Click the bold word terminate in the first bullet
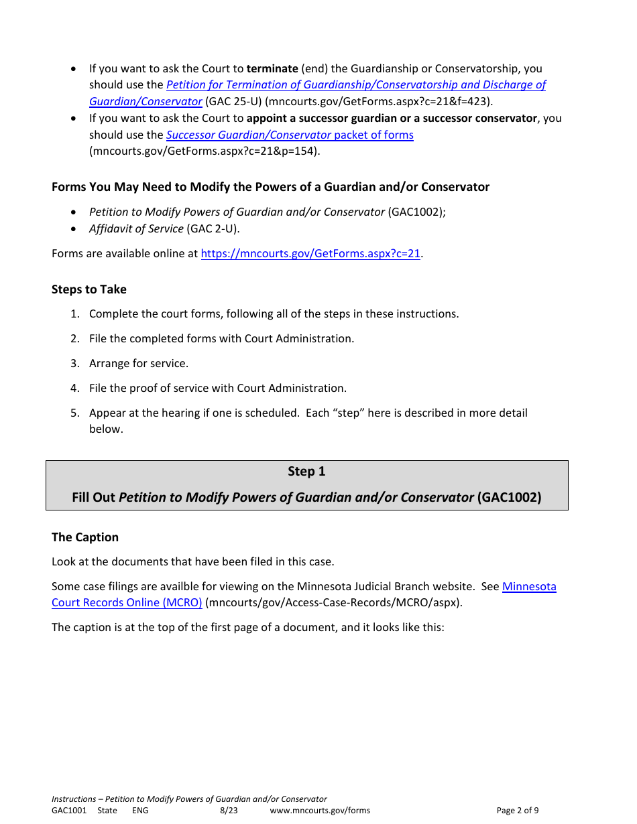(x=272, y=68)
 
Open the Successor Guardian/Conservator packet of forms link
(x=290, y=135)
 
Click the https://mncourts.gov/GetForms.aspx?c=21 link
(x=310, y=254)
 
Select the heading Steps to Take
(x=89, y=289)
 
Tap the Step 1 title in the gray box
(x=306, y=472)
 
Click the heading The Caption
(x=85, y=537)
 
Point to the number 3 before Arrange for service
(x=75, y=363)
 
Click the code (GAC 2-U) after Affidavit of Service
(x=213, y=228)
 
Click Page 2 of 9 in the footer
(x=517, y=811)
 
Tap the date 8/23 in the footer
(x=229, y=811)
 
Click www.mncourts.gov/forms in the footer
(x=320, y=811)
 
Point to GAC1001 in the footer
(x=69, y=811)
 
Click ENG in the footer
(x=140, y=811)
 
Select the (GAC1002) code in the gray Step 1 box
(x=509, y=497)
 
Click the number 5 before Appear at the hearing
(x=75, y=413)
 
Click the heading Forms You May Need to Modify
(x=270, y=187)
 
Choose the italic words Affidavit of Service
(x=136, y=228)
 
